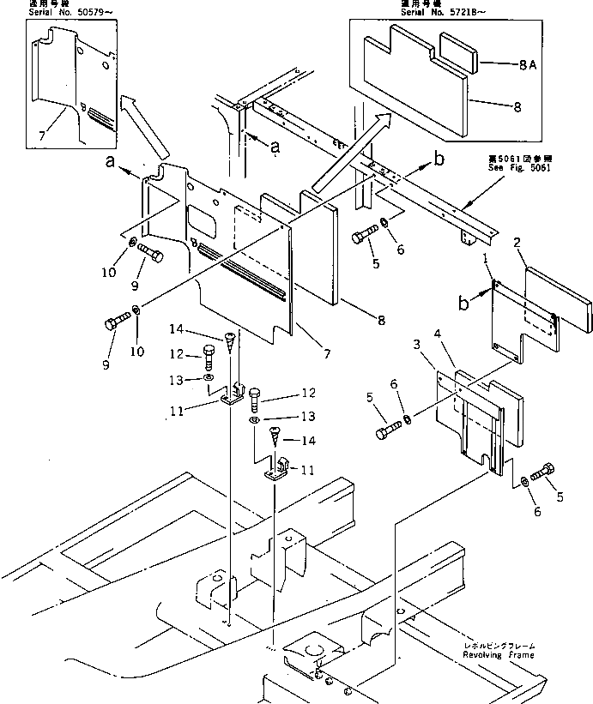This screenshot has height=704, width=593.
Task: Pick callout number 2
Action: (517, 243)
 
